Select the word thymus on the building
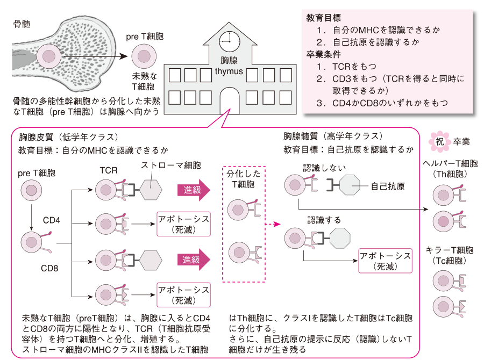(x=229, y=71)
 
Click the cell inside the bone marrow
(x=49, y=55)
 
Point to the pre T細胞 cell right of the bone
(x=144, y=55)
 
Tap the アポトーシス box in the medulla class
(x=385, y=261)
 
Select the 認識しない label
(x=322, y=167)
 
